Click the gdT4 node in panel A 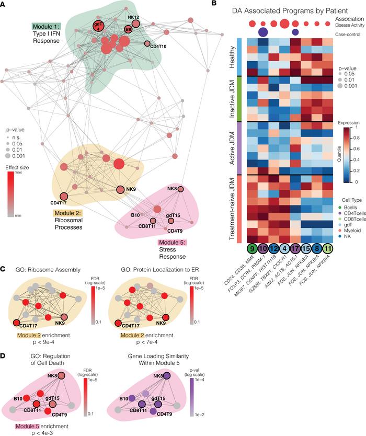click(98, 27)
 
